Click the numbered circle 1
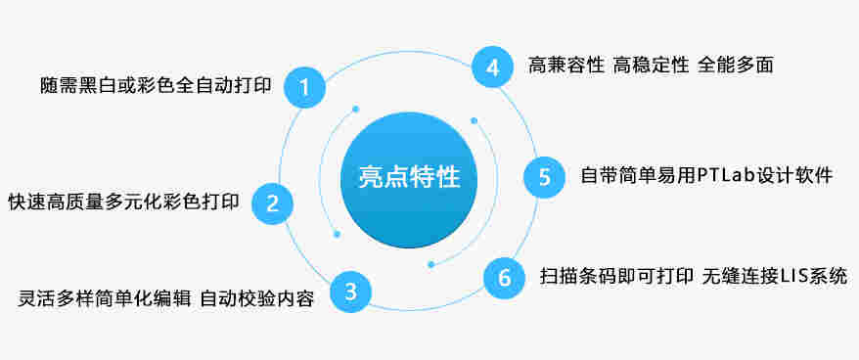304,87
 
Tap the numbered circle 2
273,202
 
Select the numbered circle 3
350,291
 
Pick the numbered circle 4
492,67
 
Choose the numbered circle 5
544,176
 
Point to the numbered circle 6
505,277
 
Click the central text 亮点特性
408,177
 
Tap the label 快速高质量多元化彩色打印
123,202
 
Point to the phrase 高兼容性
565,66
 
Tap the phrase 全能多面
736,66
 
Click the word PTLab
726,176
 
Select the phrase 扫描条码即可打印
615,277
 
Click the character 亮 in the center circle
371,177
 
